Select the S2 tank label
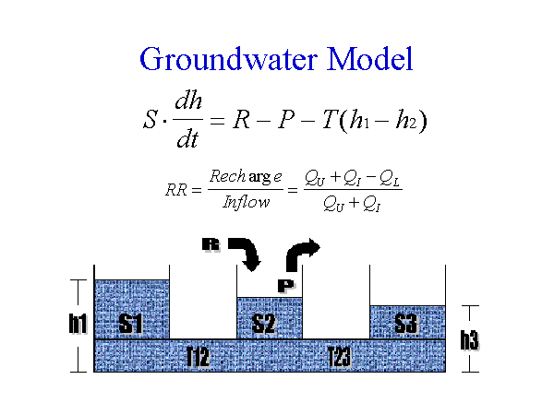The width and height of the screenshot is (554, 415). pyautogui.click(x=265, y=324)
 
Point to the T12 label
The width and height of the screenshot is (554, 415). pyautogui.click(x=198, y=358)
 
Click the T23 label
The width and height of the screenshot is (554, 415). pyautogui.click(x=339, y=358)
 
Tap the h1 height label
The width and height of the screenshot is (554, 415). pyautogui.click(x=78, y=324)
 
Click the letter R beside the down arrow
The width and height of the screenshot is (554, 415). pyautogui.click(x=211, y=244)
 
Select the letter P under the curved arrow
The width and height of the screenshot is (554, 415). pyautogui.click(x=285, y=286)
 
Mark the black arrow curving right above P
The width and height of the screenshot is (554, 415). pyautogui.click(x=303, y=253)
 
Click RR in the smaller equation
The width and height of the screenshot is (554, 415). pyautogui.click(x=176, y=190)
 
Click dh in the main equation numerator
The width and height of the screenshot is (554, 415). pyautogui.click(x=194, y=103)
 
